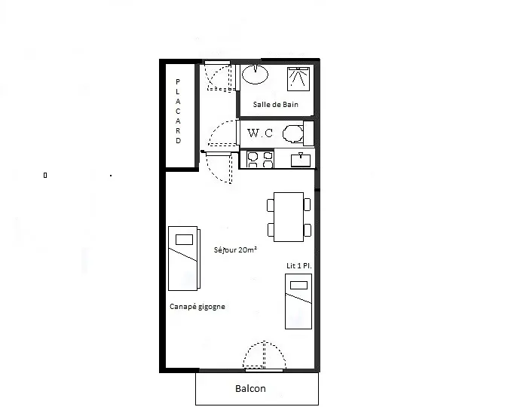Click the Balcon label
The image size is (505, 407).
250,388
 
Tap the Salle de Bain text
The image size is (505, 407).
275,104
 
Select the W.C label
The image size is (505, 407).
260,133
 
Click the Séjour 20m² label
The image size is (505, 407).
235,250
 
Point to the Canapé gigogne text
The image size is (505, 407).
197,307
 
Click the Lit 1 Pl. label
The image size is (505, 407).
299,266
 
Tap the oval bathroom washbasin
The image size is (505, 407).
255,75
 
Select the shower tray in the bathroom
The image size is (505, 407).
298,79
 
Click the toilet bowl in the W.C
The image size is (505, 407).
292,133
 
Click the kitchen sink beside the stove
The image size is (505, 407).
301,160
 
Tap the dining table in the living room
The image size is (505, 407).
289,217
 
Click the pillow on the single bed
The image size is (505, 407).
299,286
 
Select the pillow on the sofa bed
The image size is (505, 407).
184,240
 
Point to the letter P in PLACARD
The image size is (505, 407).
178,82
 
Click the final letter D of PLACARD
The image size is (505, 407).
178,141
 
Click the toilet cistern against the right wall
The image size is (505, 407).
308,133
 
